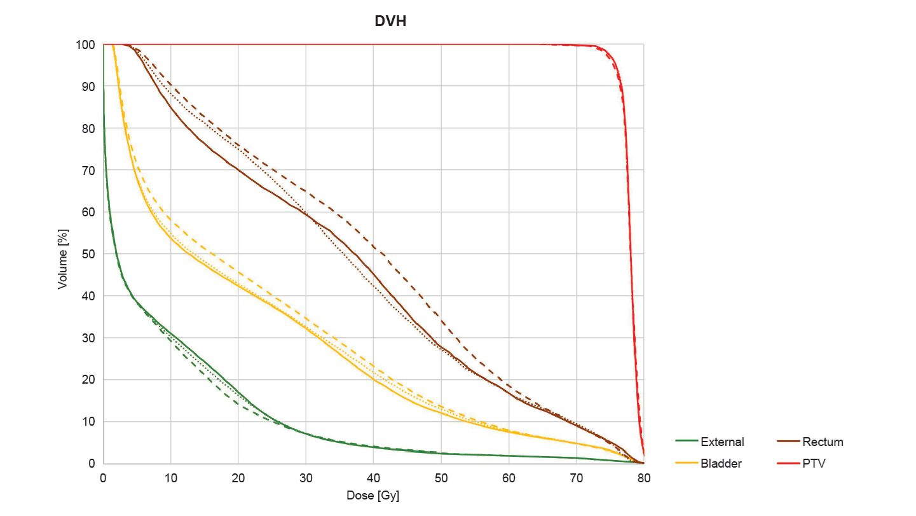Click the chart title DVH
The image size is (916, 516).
click(390, 22)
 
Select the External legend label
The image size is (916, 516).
click(722, 442)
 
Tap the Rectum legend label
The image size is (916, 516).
click(823, 442)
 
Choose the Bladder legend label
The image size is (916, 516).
click(721, 463)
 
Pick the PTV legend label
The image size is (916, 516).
click(814, 463)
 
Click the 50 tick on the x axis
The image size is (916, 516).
click(441, 477)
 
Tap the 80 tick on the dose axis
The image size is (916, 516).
click(644, 477)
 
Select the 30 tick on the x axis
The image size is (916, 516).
click(306, 477)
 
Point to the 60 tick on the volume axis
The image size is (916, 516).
click(90, 213)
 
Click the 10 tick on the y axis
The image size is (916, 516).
click(90, 422)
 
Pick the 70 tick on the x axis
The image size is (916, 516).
click(577, 477)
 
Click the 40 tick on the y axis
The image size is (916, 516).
click(90, 296)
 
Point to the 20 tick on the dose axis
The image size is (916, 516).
click(238, 477)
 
